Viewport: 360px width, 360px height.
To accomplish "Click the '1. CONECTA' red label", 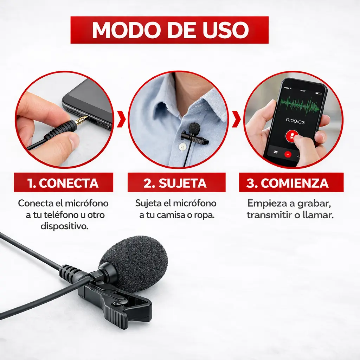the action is click(x=63, y=182).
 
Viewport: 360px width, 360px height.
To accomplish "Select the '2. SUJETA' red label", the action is click(x=176, y=182).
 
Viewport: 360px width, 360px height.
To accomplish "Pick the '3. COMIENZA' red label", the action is click(x=291, y=182).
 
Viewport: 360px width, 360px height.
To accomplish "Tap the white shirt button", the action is click(x=182, y=147).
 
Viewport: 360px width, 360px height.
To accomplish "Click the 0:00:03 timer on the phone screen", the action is click(x=295, y=121).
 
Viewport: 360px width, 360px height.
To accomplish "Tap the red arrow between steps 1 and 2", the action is click(x=121, y=119).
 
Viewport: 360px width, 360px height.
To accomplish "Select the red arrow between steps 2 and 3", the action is click(x=236, y=119).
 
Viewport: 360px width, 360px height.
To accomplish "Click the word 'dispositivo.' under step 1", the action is click(x=65, y=226).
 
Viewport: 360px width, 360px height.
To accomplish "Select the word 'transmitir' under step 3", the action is click(x=267, y=215).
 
